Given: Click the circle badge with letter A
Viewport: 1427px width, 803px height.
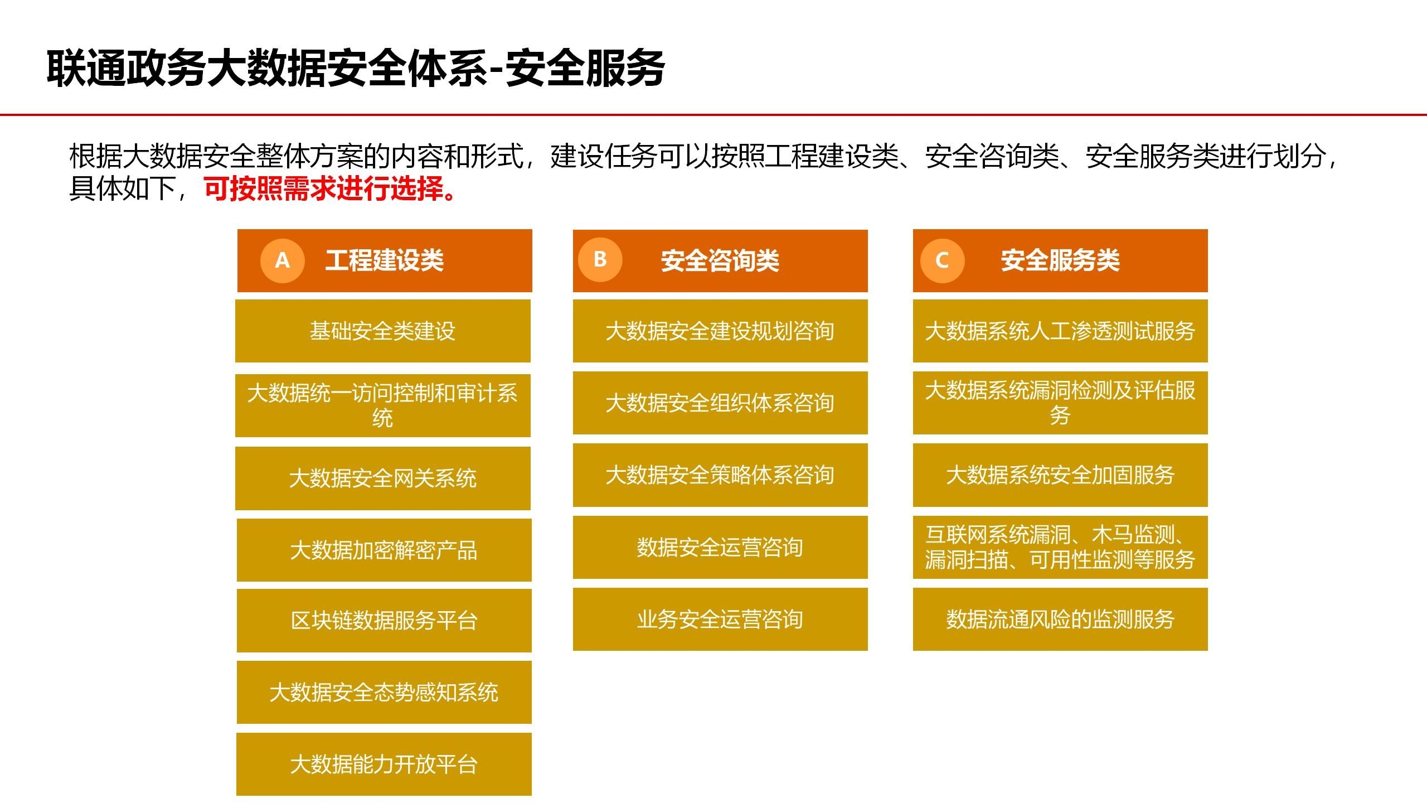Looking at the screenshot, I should [283, 260].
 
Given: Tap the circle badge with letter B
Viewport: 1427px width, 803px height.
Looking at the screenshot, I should [600, 259].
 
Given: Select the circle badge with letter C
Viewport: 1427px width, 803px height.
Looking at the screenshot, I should [942, 260].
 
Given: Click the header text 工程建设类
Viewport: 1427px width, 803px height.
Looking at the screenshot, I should [385, 260].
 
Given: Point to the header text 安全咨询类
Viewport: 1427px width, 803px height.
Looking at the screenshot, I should [720, 260].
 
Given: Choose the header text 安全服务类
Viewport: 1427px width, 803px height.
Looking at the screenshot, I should [1060, 260].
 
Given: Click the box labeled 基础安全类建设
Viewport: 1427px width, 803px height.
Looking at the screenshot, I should [383, 331].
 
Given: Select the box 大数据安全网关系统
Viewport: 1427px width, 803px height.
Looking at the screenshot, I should [383, 478].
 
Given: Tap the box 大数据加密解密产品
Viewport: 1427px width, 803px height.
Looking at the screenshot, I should [384, 550].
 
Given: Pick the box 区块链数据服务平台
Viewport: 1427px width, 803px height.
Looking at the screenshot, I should [384, 621].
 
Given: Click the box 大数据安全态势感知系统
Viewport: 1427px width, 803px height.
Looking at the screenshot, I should [384, 693].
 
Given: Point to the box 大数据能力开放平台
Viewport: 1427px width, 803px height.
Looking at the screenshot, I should [384, 765].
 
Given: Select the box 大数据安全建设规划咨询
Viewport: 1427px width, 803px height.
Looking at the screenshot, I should [720, 331].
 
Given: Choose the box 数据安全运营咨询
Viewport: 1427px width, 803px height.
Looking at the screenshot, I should [720, 547].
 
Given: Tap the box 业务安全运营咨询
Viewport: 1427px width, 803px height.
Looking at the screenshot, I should [720, 619].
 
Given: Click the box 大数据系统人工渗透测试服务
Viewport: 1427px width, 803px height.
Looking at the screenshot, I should [1060, 331].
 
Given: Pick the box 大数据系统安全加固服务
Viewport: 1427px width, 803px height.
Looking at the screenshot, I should [1060, 475].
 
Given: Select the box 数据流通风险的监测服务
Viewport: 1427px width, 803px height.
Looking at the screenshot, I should [1060, 619].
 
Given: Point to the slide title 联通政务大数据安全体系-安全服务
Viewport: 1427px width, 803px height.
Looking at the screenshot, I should [356, 69].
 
